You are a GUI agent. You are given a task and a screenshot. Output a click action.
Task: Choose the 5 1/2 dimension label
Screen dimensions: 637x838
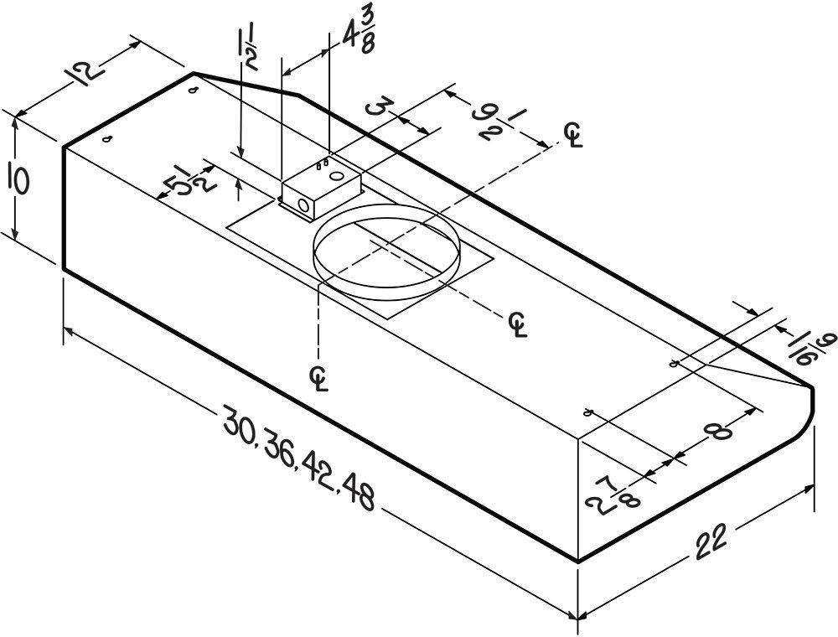click(x=192, y=179)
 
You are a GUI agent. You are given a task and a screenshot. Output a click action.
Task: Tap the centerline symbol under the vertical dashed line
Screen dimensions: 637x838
click(x=319, y=377)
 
